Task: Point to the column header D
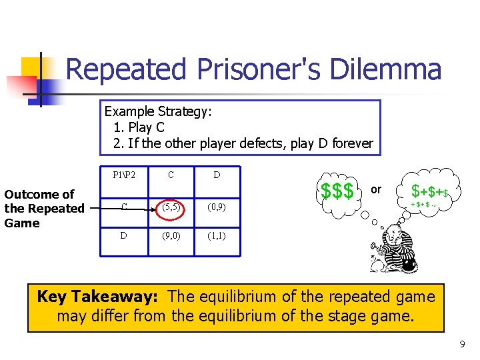[217, 175]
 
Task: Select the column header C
[171, 175]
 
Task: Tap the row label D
[124, 235]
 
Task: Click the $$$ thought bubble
[337, 190]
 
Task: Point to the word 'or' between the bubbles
[376, 189]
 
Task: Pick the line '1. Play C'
[139, 127]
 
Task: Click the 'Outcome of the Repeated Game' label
[44, 209]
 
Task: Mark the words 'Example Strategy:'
[158, 111]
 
